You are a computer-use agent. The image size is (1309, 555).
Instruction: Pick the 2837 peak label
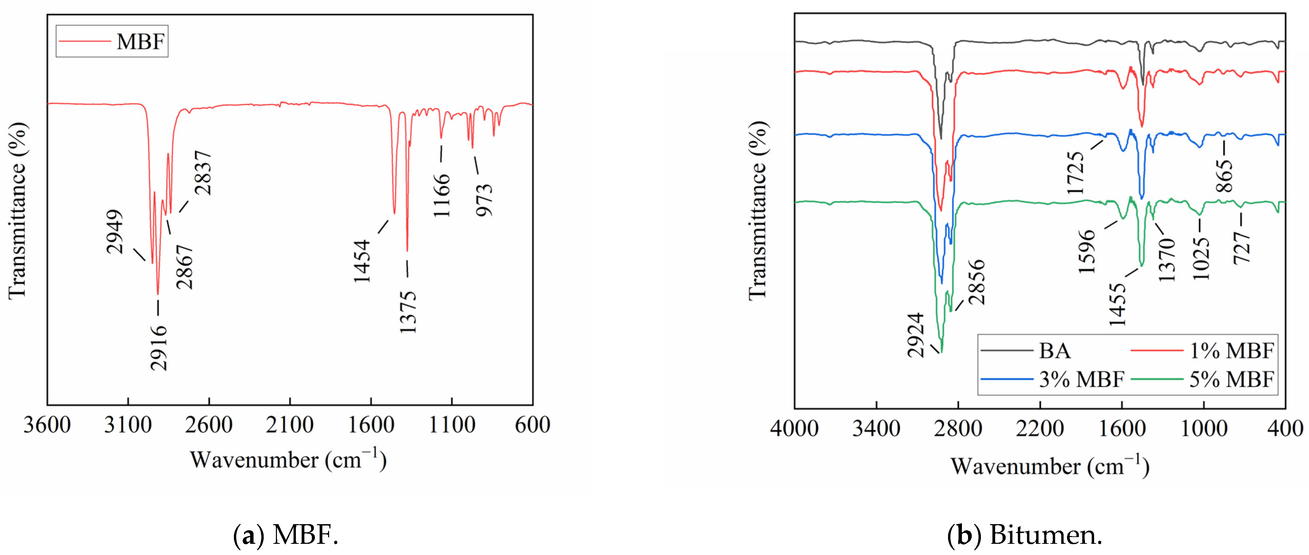[x=203, y=173]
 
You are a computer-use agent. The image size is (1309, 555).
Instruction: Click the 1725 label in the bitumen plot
[x=1076, y=173]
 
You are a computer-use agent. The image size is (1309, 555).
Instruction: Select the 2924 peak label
[x=916, y=335]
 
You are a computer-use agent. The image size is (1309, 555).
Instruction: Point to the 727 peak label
[x=1242, y=247]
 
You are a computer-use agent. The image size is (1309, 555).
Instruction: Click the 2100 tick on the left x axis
[x=290, y=425]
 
